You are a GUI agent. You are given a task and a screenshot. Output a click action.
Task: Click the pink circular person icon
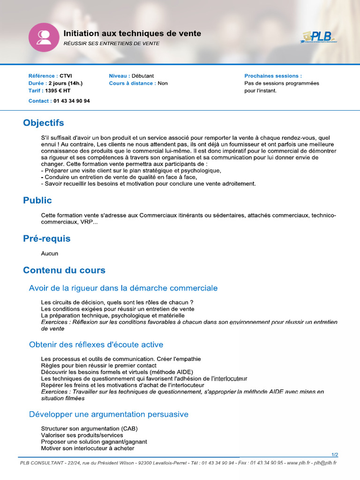[x=44, y=37]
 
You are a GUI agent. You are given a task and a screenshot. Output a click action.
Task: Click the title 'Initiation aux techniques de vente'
[x=132, y=34]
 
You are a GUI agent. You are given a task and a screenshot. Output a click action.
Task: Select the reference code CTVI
[x=66, y=76]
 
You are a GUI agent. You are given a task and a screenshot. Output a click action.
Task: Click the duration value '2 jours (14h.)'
[x=65, y=83]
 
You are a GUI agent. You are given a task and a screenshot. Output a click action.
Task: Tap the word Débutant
[x=142, y=76]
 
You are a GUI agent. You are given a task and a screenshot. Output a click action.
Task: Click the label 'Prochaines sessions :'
[x=273, y=76]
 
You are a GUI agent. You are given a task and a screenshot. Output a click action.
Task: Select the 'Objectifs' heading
[x=44, y=123]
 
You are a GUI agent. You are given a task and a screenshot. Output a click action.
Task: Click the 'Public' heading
[x=37, y=201]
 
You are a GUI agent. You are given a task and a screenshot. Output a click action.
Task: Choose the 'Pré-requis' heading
[x=47, y=239]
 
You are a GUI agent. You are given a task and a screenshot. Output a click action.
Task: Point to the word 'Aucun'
[x=50, y=254]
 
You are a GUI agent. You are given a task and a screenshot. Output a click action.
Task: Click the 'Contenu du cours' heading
[x=64, y=270]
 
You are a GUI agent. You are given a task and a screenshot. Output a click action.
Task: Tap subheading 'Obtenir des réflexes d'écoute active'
[x=96, y=345]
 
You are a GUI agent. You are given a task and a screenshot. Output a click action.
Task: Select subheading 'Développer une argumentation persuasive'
[x=109, y=414]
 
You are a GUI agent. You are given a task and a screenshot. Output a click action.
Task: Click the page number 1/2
[x=334, y=455]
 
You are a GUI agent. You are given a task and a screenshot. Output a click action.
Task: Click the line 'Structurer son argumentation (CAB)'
[x=89, y=428]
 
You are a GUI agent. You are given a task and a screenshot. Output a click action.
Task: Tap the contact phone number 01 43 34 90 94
[x=72, y=101]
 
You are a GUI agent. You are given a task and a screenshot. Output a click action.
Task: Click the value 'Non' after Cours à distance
[x=163, y=83]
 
